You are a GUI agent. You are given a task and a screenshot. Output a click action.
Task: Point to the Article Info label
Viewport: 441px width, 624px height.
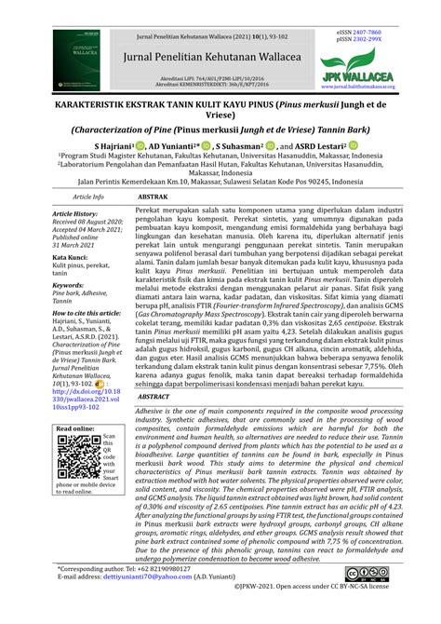(x=87, y=224)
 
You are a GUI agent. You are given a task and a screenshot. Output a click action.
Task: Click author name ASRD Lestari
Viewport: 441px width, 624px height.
(x=319, y=145)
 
